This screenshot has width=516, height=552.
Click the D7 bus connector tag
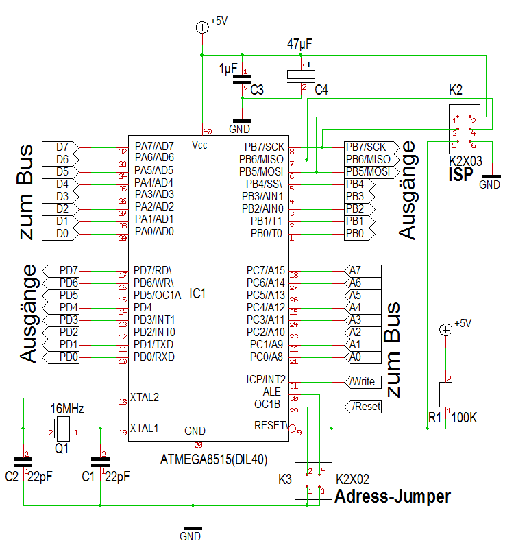click(60, 147)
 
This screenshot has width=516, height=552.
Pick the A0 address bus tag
click(359, 357)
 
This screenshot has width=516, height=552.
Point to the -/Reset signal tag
click(363, 406)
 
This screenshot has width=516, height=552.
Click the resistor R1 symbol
click(445, 396)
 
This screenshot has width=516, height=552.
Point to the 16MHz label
click(67, 409)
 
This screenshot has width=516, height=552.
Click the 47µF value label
click(299, 44)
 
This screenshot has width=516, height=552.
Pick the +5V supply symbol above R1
click(445, 331)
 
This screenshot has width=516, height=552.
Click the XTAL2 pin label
click(144, 397)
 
